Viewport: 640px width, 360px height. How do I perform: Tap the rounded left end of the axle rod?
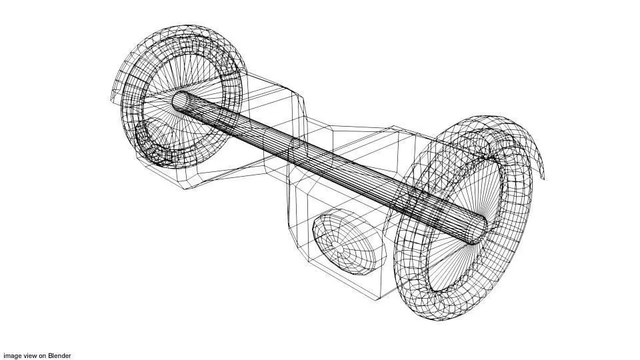(179, 101)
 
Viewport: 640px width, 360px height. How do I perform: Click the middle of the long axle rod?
(330, 168)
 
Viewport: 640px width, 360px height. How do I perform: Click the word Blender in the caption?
(59, 355)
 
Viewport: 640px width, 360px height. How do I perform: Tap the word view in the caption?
(30, 355)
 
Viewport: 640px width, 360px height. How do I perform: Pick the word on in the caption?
(43, 355)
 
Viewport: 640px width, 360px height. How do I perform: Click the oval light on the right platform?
(349, 241)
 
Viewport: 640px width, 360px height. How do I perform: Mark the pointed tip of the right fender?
(544, 178)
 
